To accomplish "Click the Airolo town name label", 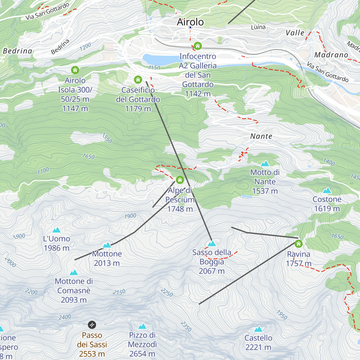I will pyautogui.click(x=190, y=22).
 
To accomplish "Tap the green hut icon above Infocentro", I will pyautogui.click(x=197, y=46).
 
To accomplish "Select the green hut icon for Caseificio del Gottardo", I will pyautogui.click(x=138, y=79).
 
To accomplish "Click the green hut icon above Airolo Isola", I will pyautogui.click(x=75, y=70).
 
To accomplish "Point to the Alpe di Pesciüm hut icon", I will pyautogui.click(x=180, y=180).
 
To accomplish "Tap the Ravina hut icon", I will pyautogui.click(x=298, y=244).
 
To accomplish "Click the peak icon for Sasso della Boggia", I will pyautogui.click(x=212, y=243).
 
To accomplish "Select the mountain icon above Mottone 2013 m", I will pyautogui.click(x=107, y=245).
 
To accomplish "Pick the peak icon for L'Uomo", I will pyautogui.click(x=56, y=230).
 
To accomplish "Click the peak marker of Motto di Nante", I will pyautogui.click(x=265, y=163).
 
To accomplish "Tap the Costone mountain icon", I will pyautogui.click(x=327, y=190).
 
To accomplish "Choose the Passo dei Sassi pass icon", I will pyautogui.click(x=92, y=325).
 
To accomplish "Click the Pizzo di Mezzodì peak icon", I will pyautogui.click(x=142, y=326).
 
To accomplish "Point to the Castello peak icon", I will pyautogui.click(x=258, y=329).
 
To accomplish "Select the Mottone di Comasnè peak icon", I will pyautogui.click(x=74, y=272).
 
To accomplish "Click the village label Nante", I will pyautogui.click(x=261, y=136).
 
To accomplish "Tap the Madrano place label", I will pyautogui.click(x=331, y=55).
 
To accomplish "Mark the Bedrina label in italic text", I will pyautogui.click(x=17, y=51).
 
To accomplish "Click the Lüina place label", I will pyautogui.click(x=258, y=27).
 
